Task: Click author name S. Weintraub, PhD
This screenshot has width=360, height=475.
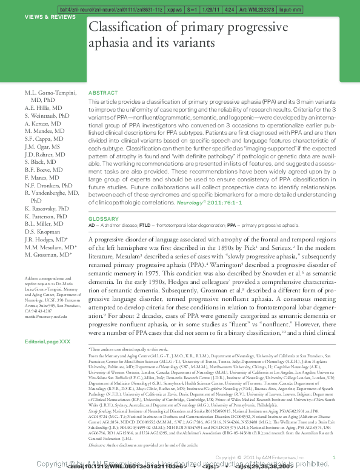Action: (47, 115)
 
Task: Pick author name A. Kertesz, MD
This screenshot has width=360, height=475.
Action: (43, 123)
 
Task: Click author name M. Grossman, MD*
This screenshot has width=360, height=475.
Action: (48, 255)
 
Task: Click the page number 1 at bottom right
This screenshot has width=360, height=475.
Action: (335, 457)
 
